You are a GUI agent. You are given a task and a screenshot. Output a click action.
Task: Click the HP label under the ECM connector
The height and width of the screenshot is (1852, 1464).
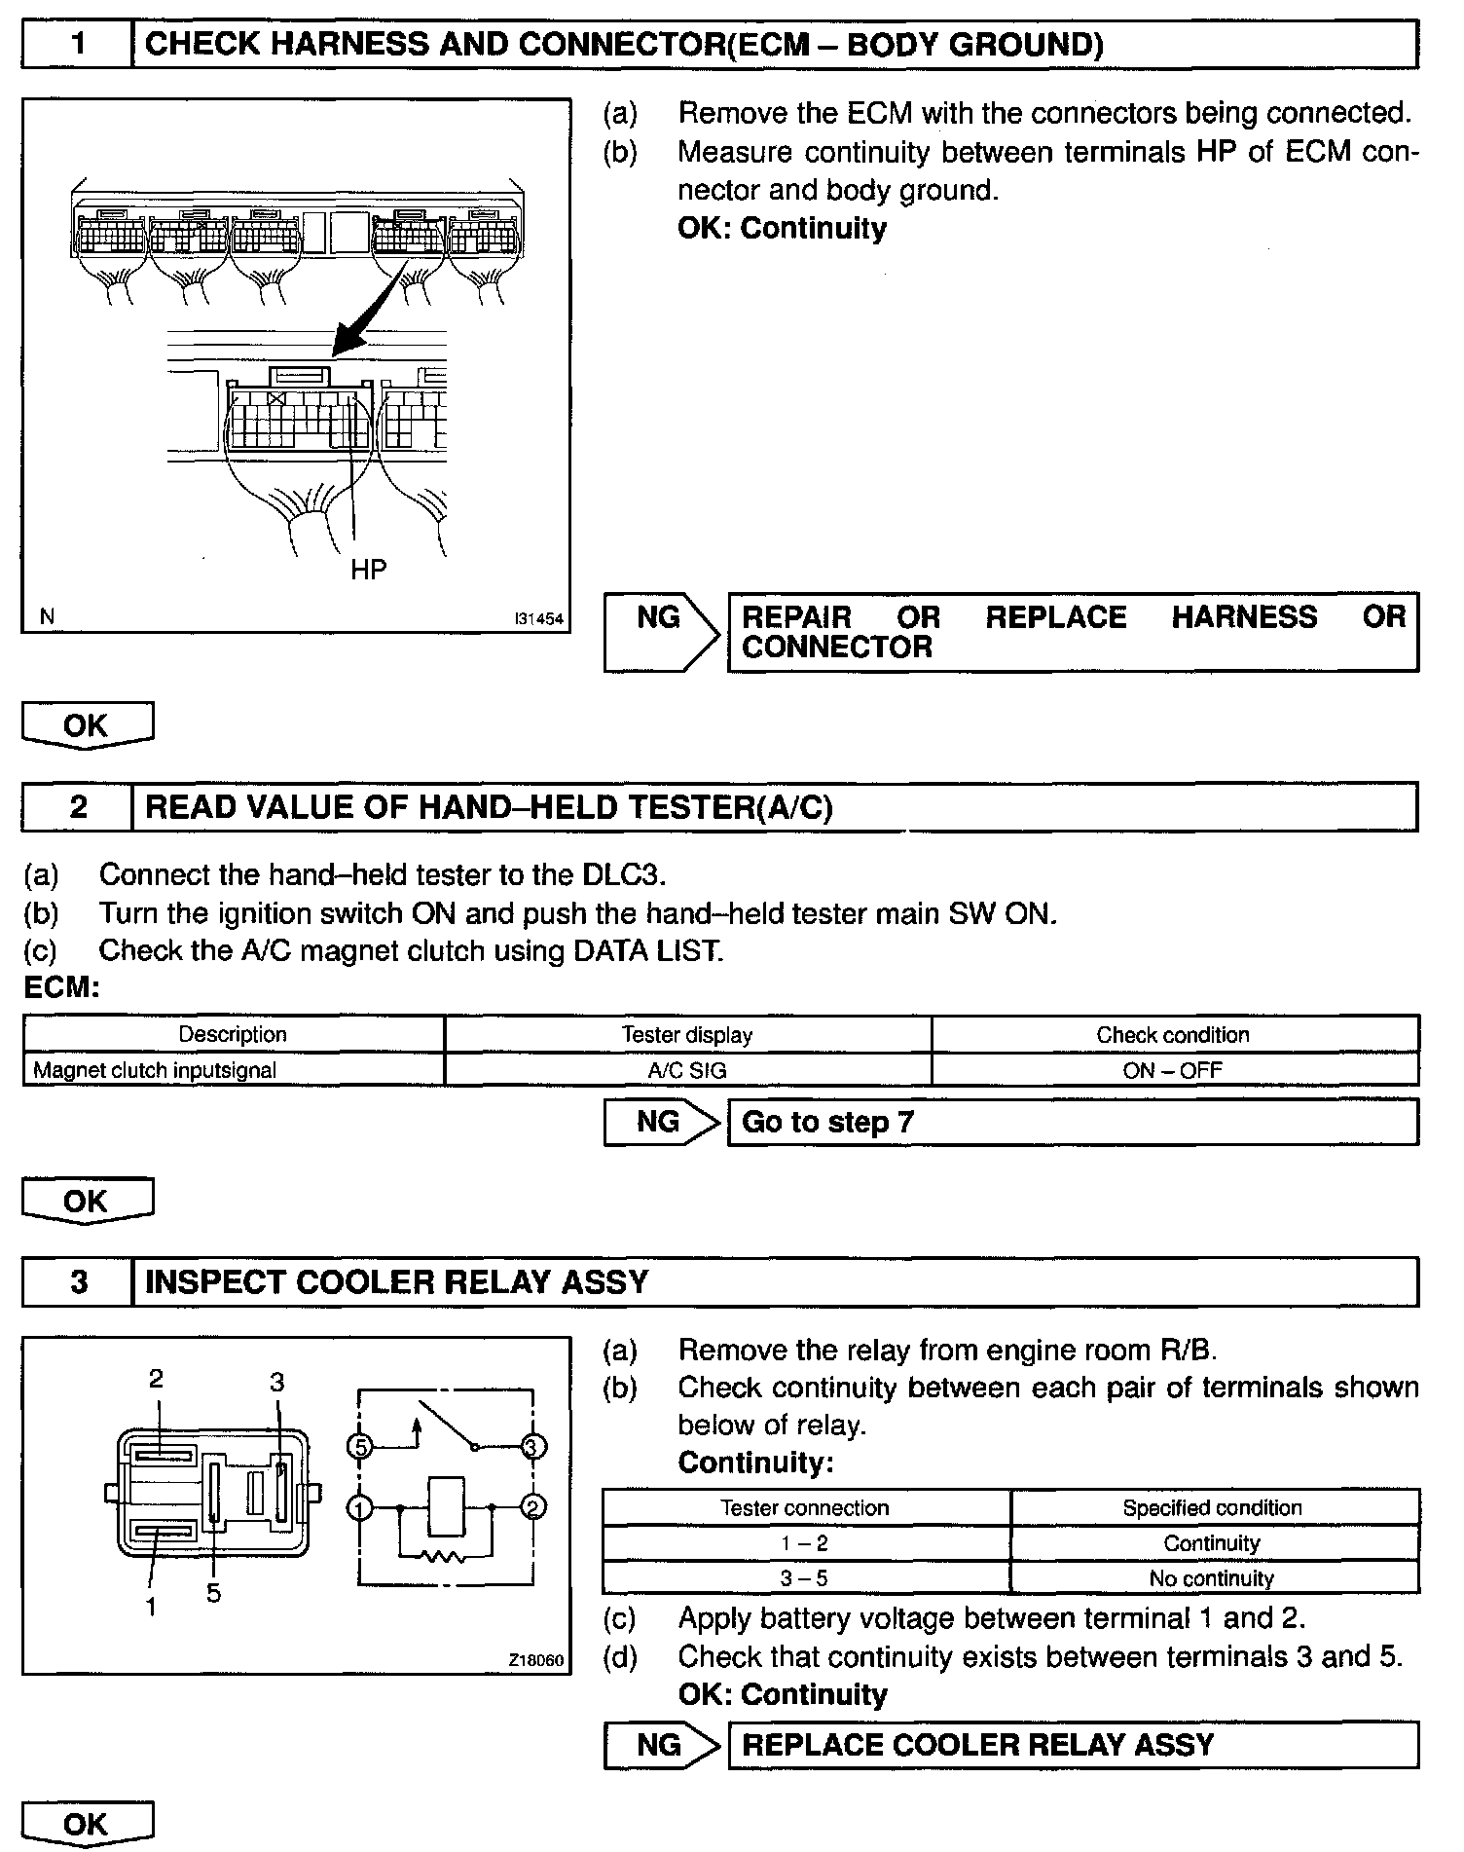(x=368, y=570)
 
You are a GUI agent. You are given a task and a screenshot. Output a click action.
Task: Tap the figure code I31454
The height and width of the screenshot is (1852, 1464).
(x=539, y=618)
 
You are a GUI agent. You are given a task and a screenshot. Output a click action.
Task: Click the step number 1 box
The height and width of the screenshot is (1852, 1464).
(x=77, y=45)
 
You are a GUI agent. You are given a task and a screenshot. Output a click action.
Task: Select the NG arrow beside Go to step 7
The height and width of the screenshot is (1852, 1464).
(x=662, y=1122)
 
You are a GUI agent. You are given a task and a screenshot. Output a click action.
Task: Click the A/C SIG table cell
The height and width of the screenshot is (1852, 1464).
(x=687, y=1070)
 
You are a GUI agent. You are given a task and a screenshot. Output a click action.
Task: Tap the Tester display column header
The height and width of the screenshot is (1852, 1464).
(x=687, y=1034)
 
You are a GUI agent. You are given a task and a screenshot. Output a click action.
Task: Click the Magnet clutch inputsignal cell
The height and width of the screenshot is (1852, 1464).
(x=156, y=1070)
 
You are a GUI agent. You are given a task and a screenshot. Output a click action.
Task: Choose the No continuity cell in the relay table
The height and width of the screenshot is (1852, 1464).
(x=1212, y=1578)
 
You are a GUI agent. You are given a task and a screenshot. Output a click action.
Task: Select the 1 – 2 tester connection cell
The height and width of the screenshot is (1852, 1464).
(x=805, y=1543)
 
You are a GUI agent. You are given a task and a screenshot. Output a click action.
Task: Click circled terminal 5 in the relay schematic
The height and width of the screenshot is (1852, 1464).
(x=360, y=1447)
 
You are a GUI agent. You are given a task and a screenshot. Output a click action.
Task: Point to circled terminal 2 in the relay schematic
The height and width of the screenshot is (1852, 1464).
(x=532, y=1508)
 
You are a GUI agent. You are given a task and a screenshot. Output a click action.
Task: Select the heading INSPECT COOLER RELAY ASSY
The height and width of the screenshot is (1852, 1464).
(x=396, y=1281)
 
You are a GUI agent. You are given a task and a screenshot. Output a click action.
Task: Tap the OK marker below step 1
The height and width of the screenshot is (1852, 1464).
(x=87, y=726)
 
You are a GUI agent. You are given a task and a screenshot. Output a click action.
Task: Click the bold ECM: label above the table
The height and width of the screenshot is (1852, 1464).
(x=61, y=988)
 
